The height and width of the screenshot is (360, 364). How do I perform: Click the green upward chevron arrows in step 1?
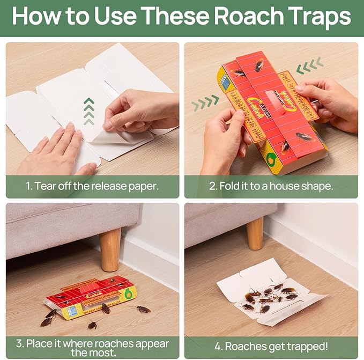89,109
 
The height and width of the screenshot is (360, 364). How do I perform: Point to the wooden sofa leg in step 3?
110,249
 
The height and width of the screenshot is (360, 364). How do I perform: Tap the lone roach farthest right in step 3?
143,310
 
